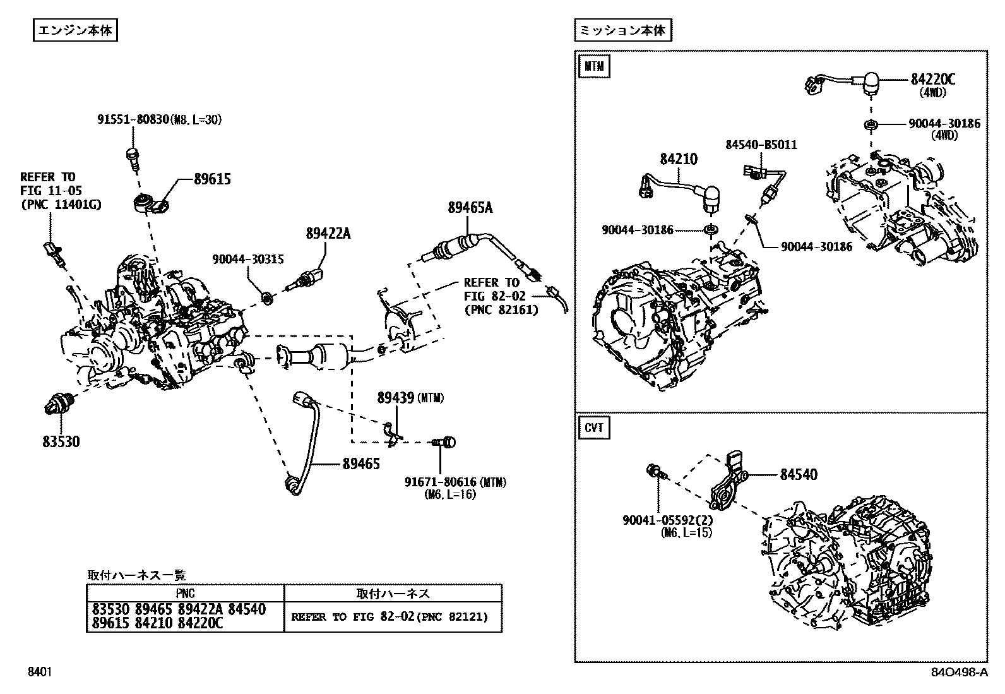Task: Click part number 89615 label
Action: coord(212,179)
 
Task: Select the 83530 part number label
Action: coord(61,442)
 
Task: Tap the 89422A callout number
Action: coord(328,234)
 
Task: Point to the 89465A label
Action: coord(470,207)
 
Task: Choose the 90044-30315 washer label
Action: coord(247,259)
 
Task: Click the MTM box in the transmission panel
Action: coord(593,66)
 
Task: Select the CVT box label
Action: coord(593,428)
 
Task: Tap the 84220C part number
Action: coord(932,79)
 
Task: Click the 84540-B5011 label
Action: coord(761,145)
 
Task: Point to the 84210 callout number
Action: coord(679,159)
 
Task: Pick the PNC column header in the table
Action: coord(186,594)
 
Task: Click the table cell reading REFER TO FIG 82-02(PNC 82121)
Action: coord(390,617)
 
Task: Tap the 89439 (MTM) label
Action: coord(410,398)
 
